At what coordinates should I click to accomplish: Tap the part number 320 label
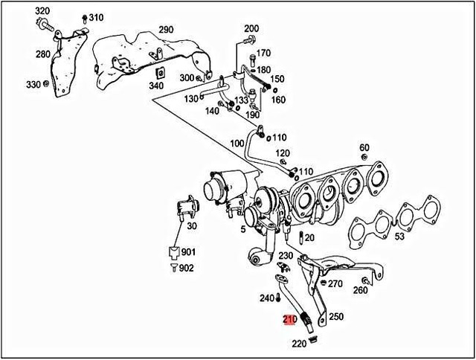(43, 10)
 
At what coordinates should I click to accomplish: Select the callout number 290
(165, 30)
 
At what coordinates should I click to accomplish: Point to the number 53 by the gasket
(399, 237)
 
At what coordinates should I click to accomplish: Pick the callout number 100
(237, 143)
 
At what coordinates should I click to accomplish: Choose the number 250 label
(336, 317)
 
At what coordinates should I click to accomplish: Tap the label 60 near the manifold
(364, 147)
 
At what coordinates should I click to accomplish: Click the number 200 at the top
(251, 28)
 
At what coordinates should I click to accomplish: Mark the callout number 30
(192, 226)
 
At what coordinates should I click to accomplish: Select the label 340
(155, 86)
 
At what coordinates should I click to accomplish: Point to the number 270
(335, 283)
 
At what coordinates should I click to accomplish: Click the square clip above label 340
(158, 73)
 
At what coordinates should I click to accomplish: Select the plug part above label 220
(312, 340)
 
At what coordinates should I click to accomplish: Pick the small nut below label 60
(364, 158)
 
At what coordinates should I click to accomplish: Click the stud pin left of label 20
(300, 238)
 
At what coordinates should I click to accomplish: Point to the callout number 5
(242, 229)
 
